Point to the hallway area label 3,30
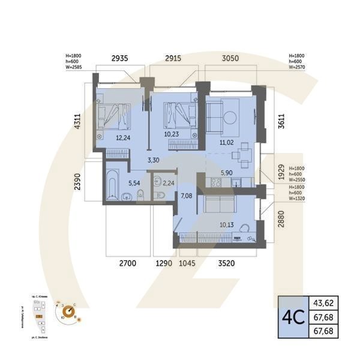pos(153,161)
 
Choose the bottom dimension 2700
pos(129,263)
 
